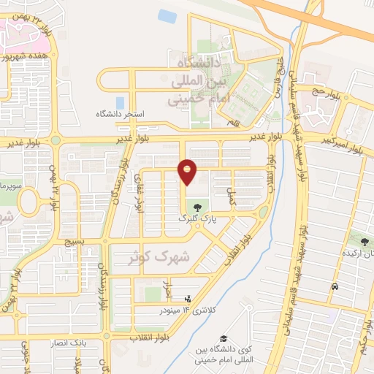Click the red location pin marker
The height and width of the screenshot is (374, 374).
point(188,172)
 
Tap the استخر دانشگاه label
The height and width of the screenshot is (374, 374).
point(124,115)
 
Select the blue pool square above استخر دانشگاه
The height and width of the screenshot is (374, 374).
point(120,102)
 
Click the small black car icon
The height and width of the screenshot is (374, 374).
point(335,287)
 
